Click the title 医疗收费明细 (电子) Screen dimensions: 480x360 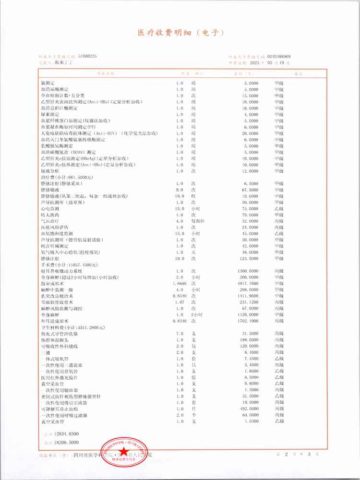tap(180, 33)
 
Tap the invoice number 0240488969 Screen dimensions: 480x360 tap(281, 56)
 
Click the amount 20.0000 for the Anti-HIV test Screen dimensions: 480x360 tap(250, 133)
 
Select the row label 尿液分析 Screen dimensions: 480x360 tap(50, 171)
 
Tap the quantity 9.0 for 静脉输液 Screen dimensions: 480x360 tap(180, 190)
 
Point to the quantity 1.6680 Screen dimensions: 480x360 tap(179, 283)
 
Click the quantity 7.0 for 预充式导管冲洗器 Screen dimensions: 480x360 tap(180, 334)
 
